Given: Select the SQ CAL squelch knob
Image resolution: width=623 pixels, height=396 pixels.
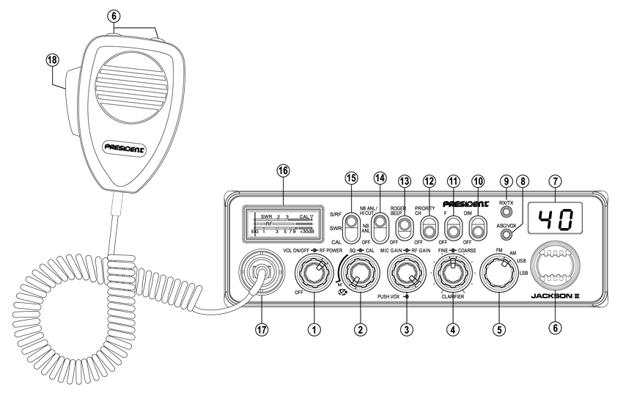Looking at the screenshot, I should [x=359, y=276].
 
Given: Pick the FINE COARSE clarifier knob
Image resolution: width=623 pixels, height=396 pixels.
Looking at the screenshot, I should [x=451, y=276].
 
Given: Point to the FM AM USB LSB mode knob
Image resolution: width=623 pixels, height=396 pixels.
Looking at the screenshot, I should [x=499, y=276].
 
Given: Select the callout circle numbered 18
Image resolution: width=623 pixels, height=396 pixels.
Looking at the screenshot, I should [x=52, y=62].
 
